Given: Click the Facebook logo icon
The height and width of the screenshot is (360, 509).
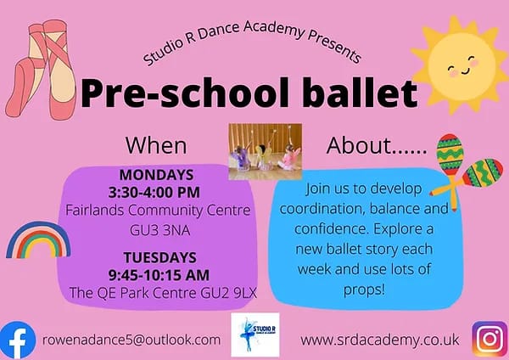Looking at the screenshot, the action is (x=17, y=340).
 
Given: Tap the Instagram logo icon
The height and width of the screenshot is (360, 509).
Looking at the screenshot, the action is (x=489, y=340).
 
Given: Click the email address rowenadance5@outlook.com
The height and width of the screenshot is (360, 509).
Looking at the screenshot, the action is (x=131, y=340).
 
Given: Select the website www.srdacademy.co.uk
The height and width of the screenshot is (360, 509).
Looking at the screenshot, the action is (x=380, y=340).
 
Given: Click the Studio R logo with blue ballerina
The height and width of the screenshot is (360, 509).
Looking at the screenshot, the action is (x=255, y=335).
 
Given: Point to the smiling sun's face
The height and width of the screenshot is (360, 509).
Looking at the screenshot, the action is (x=461, y=65).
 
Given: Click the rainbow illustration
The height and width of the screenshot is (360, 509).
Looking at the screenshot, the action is (x=38, y=239).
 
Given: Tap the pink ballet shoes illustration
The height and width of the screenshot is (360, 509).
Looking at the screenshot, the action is (x=42, y=70).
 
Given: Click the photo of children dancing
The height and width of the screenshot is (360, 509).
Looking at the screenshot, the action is (x=266, y=151).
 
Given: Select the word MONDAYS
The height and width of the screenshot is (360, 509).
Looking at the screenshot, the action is (x=156, y=175).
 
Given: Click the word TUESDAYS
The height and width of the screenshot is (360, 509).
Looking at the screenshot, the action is (x=160, y=257).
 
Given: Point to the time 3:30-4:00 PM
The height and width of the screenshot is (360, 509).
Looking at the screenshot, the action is (x=154, y=193).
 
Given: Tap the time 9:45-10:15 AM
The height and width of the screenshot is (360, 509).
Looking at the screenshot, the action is (x=159, y=275).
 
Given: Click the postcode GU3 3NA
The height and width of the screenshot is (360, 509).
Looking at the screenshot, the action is (x=160, y=230).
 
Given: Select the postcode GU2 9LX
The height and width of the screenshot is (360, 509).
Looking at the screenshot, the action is (x=228, y=293).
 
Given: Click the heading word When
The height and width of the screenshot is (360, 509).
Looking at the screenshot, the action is (x=156, y=145).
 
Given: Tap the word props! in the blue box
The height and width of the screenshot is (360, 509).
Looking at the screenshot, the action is (x=364, y=290).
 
